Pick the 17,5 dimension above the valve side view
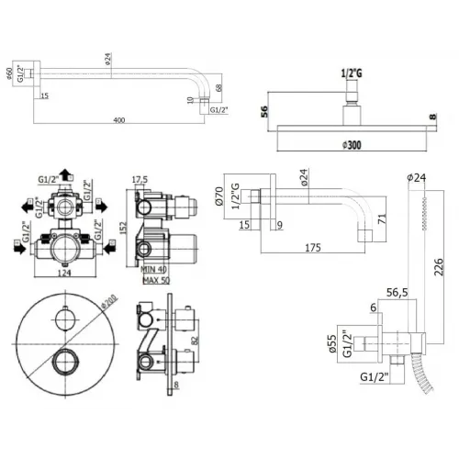pyautogui.click(x=140, y=180)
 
